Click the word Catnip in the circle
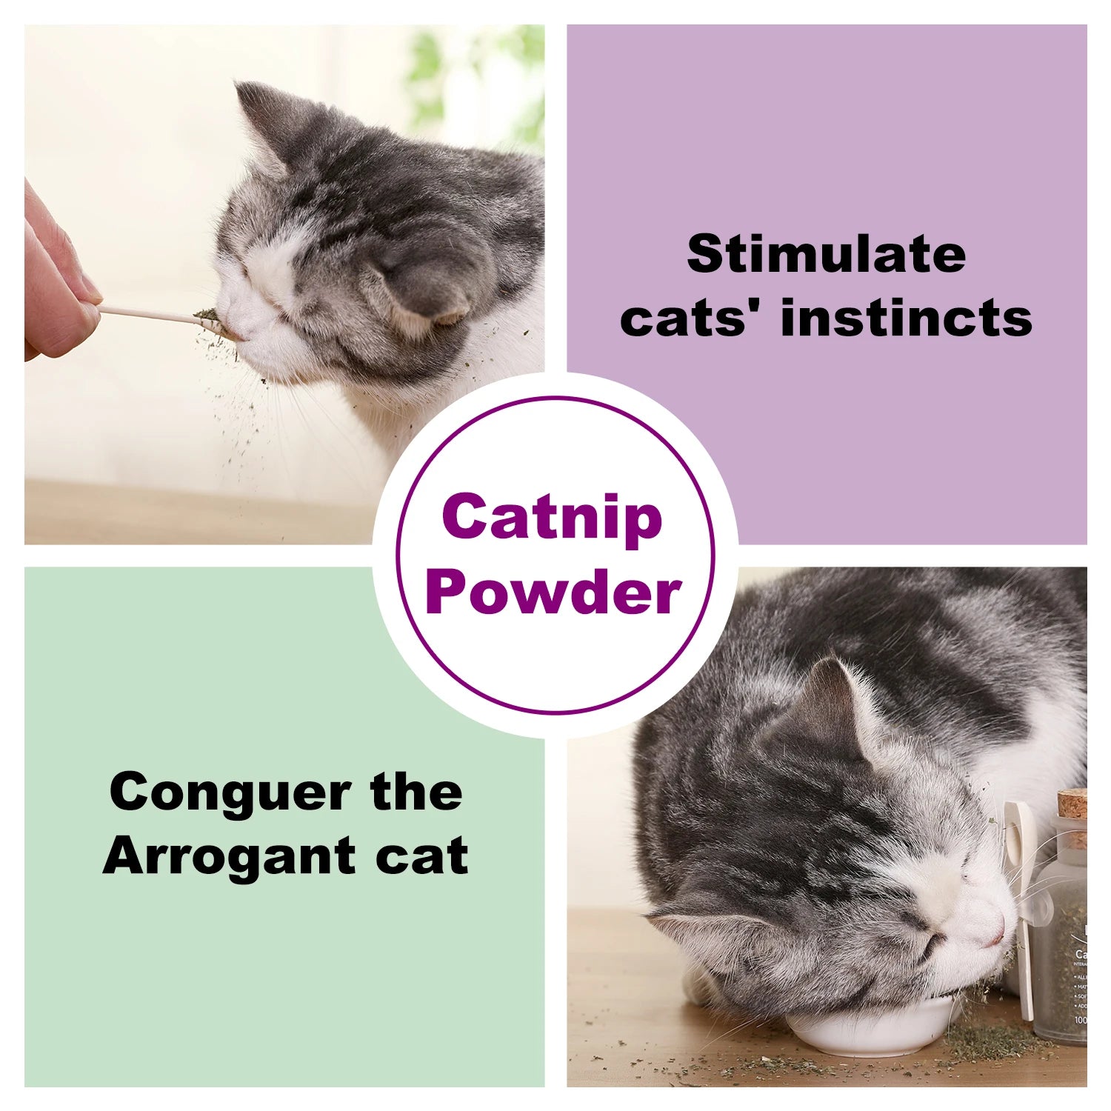[552, 518]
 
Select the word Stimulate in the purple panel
[827, 254]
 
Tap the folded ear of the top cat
[422, 296]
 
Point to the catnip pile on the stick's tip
[207, 317]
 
